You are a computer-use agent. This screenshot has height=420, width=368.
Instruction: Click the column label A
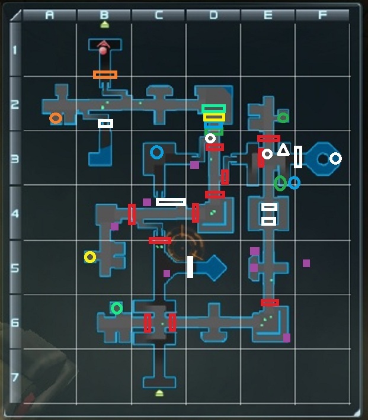[x=50, y=15]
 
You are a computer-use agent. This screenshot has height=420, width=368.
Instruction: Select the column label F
[x=322, y=15]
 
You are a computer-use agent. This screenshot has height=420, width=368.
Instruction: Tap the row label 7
[x=15, y=377]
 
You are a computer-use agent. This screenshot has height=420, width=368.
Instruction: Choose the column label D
[x=213, y=15]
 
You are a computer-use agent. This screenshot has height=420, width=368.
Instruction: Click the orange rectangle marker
[x=105, y=75]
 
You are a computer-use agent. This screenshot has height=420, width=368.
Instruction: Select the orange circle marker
[x=55, y=118]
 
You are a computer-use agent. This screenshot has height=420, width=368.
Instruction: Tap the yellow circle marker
[x=90, y=257]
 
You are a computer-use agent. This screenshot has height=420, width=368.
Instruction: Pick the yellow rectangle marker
[x=214, y=117]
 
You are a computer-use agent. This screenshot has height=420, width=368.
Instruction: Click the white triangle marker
[x=283, y=150]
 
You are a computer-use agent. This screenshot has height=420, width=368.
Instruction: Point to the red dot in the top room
[x=103, y=51]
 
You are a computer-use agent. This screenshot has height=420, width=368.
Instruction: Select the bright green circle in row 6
[x=117, y=308]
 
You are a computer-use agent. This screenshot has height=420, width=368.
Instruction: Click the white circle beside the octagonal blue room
[x=335, y=158]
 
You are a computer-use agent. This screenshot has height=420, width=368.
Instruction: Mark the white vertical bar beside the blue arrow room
[x=190, y=267]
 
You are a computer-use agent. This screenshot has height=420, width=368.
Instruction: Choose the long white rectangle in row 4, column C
[x=171, y=202]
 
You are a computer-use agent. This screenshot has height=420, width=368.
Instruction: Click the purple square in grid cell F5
[x=306, y=263]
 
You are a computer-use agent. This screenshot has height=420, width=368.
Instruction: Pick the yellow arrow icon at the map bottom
[x=159, y=393]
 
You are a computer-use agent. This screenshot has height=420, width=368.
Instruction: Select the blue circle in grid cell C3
[x=156, y=153]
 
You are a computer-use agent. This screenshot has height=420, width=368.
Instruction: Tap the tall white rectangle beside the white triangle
[x=298, y=156]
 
